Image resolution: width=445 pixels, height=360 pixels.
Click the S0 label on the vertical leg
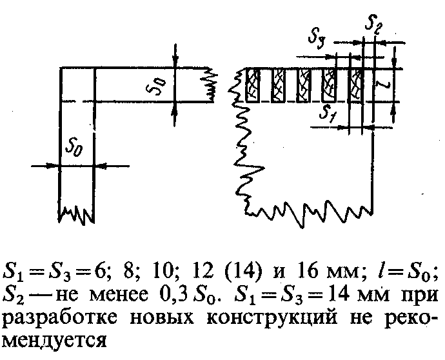[x=74, y=148]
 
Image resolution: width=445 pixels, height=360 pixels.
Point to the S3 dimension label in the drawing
[x=317, y=38]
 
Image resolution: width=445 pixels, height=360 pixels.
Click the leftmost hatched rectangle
[x=253, y=85]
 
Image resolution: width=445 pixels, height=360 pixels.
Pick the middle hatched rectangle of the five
[x=304, y=85]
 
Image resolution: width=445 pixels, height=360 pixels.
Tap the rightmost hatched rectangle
[x=355, y=85]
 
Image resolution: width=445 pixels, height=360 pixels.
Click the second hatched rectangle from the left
[x=278, y=85]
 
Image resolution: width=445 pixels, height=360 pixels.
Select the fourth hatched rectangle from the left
[x=329, y=85]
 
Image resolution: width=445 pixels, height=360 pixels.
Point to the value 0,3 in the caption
[x=174, y=295]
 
